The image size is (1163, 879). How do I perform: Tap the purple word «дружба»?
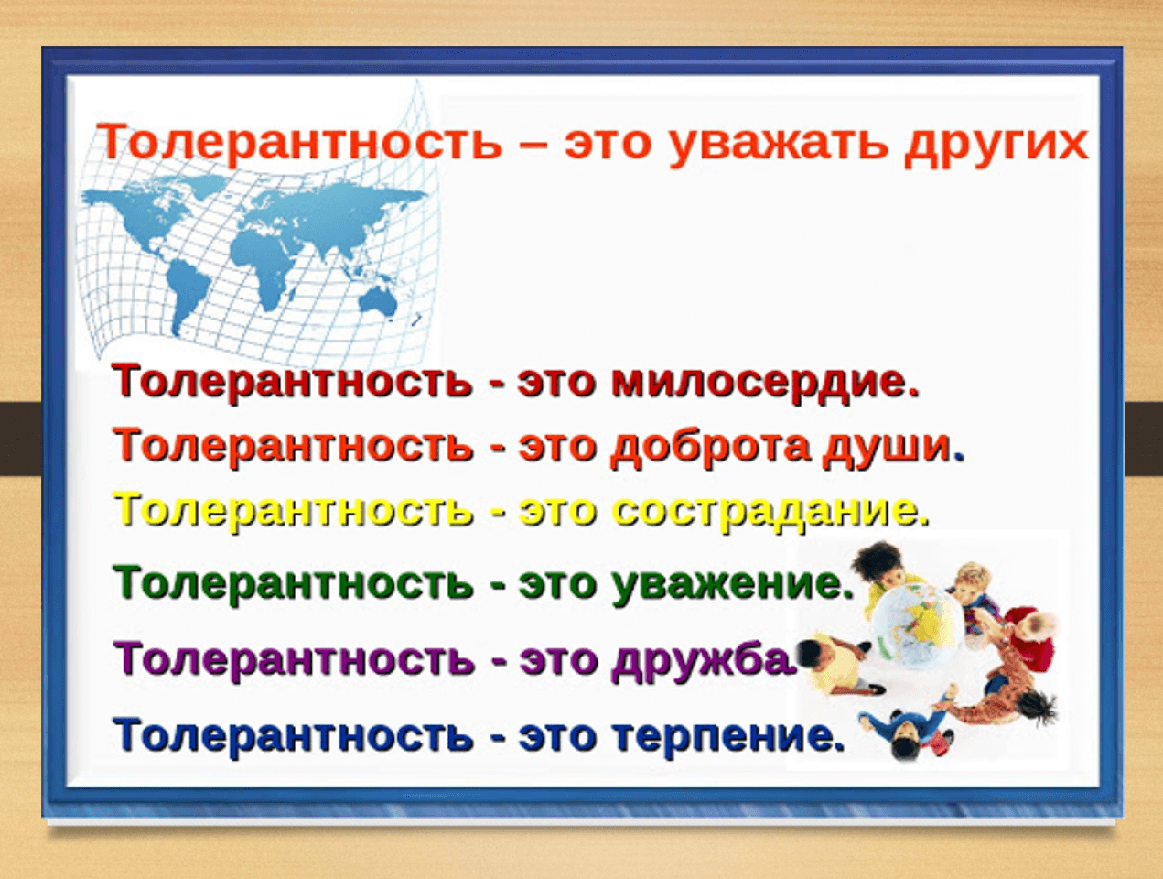pos(705,660)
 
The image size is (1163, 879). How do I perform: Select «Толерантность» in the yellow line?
pos(294,509)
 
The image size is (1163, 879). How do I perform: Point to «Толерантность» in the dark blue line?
pos(294,734)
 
